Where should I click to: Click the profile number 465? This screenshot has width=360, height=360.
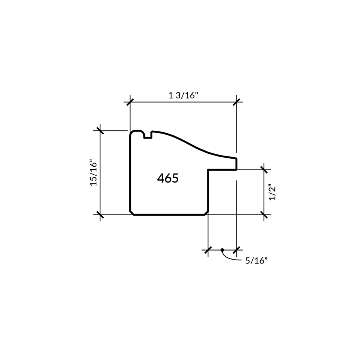click(168, 178)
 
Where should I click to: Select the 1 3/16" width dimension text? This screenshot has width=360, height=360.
click(183, 95)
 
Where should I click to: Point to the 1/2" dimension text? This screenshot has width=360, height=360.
click(273, 192)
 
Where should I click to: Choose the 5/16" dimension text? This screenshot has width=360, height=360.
click(256, 261)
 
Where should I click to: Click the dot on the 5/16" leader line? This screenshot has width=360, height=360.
click(222, 250)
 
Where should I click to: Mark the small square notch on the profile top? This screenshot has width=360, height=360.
click(148, 135)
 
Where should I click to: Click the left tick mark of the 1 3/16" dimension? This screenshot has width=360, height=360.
click(130, 102)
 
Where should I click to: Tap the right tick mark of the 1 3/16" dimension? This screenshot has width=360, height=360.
click(237, 102)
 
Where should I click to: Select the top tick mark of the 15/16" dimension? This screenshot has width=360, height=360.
click(100, 131)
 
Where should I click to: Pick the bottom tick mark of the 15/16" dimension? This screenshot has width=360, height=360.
click(100, 215)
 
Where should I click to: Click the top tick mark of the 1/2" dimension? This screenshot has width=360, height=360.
click(264, 170)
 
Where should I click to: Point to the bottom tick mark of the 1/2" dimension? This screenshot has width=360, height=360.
click(264, 215)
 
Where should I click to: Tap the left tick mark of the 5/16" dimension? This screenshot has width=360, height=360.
click(208, 250)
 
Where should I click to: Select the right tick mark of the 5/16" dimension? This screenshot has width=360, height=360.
click(237, 250)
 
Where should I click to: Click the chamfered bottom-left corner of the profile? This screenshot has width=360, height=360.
click(132, 213)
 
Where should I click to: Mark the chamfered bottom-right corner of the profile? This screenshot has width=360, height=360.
click(206, 213)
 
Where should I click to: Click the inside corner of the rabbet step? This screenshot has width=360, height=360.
click(208, 170)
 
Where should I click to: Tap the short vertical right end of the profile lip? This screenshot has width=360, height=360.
click(237, 164)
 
